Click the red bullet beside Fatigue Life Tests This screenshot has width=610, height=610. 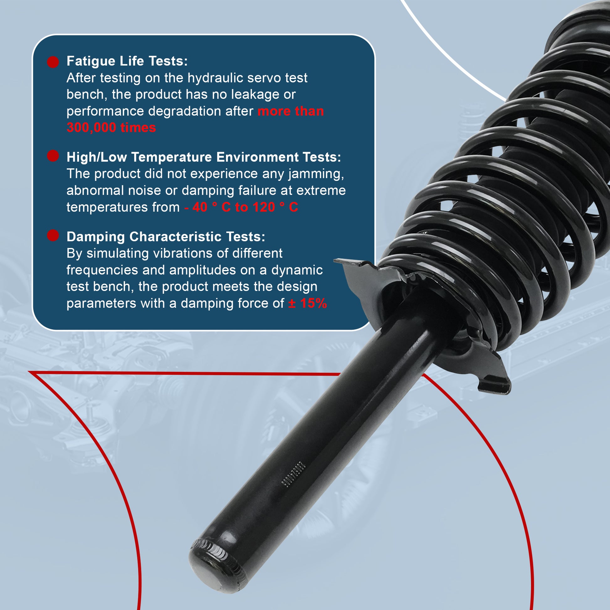(53, 62)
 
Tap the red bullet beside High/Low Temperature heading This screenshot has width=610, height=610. (53, 156)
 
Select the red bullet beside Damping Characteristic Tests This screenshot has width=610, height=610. (53, 235)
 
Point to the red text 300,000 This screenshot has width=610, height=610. (91, 128)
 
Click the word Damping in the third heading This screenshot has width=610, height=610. (96, 237)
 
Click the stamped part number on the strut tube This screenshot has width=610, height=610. (293, 476)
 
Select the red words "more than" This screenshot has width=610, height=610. (291, 112)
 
